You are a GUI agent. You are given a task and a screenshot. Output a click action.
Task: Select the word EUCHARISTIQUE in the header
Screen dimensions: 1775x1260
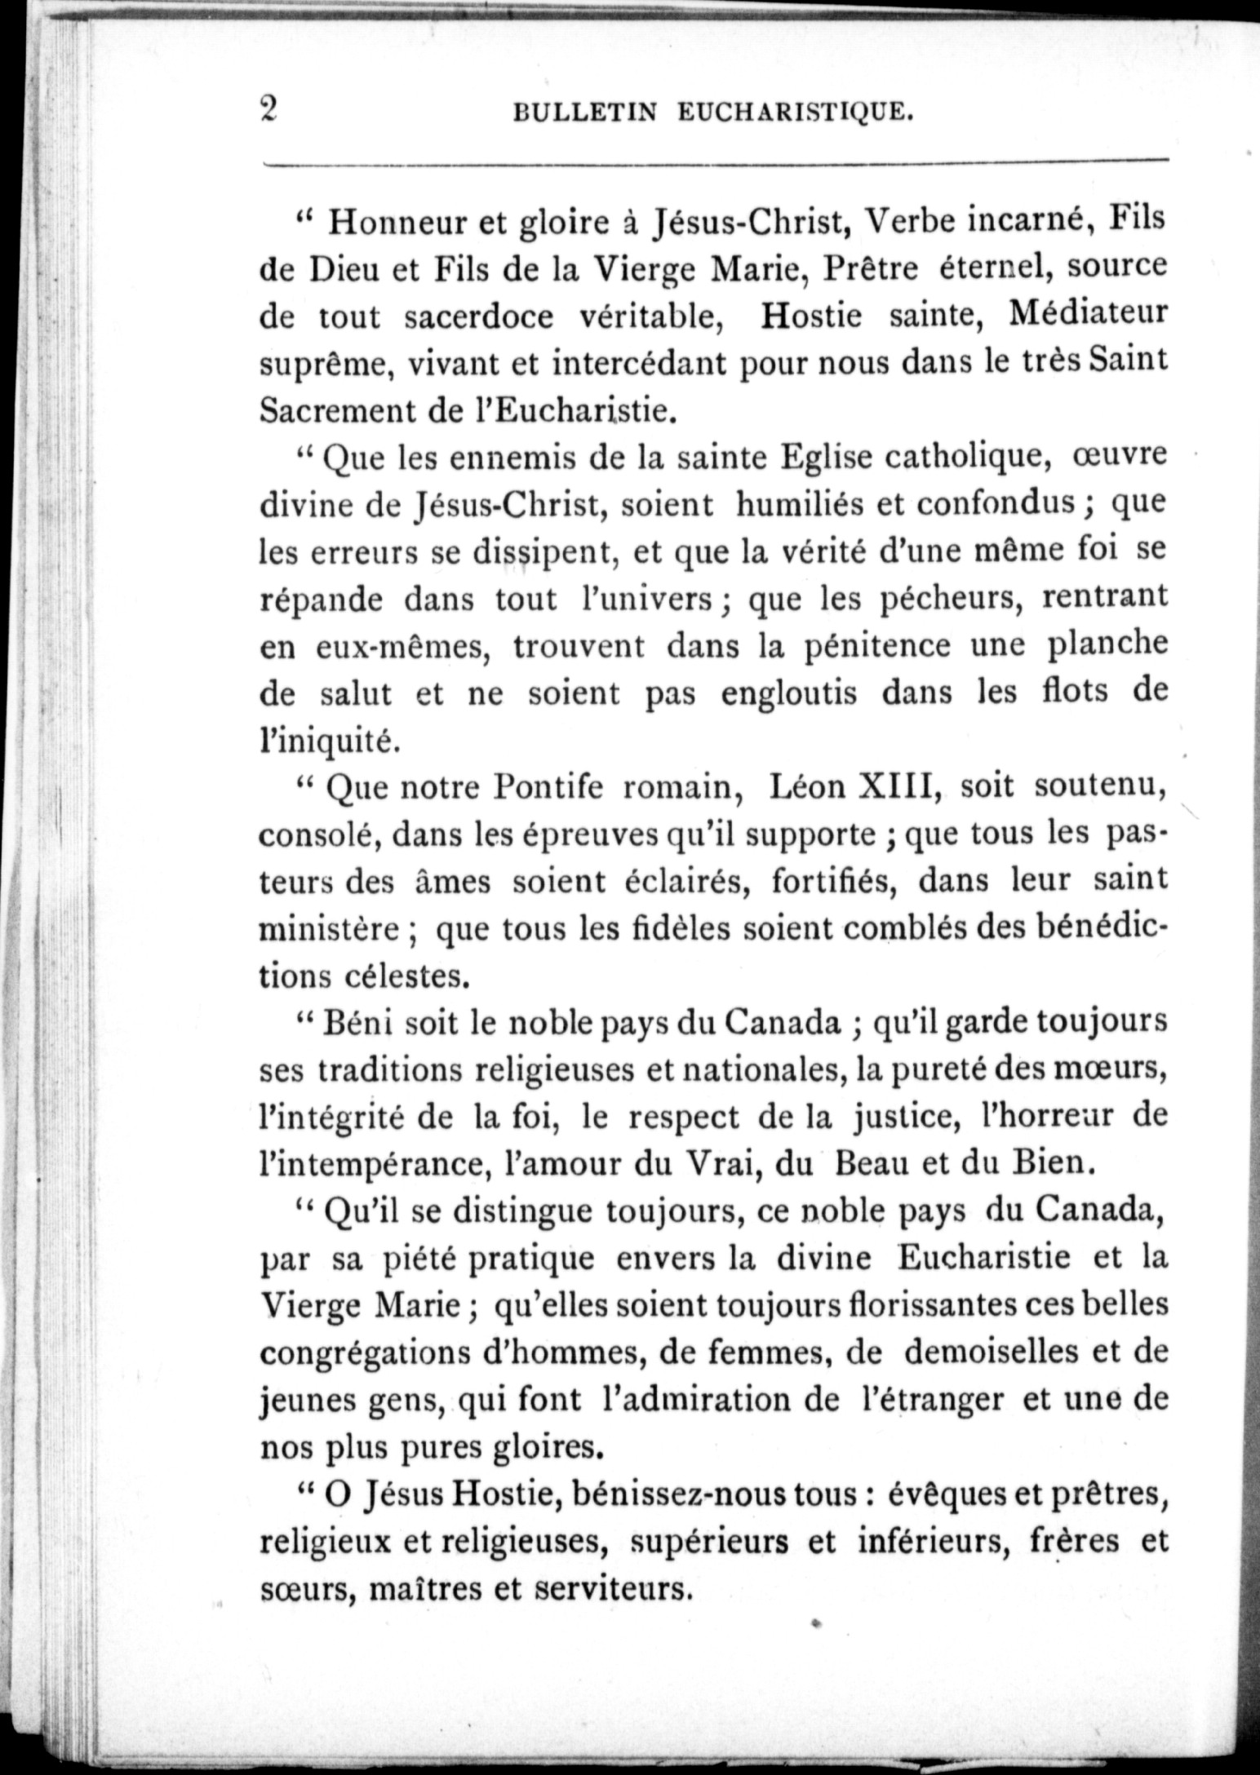click(x=793, y=113)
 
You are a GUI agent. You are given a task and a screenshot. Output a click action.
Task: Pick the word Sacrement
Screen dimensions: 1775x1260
click(x=338, y=410)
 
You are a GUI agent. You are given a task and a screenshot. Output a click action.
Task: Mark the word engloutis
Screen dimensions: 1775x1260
click(x=789, y=693)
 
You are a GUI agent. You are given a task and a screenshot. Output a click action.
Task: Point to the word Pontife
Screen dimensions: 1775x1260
click(x=548, y=787)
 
